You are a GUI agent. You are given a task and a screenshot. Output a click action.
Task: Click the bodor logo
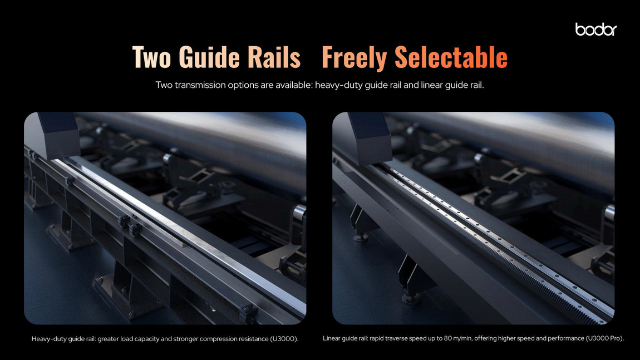coord(596,29)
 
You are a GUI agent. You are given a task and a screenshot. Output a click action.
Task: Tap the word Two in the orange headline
coord(151,57)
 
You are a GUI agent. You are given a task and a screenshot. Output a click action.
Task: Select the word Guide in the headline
coord(209,57)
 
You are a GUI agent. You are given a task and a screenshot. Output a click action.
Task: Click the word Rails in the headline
coord(274,57)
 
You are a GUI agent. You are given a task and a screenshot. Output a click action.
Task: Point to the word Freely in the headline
coord(355,57)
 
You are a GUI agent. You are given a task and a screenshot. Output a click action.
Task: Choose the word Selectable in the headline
coord(451,57)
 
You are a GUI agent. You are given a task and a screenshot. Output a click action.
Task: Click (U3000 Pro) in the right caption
coord(605,338)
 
